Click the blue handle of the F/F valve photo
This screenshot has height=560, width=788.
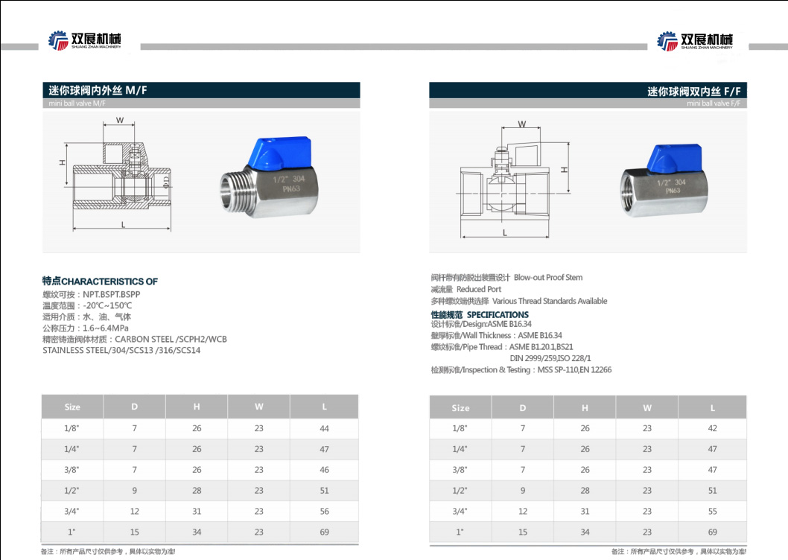671,155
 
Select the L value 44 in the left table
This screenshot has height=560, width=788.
324,428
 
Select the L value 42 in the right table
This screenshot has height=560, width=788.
712,428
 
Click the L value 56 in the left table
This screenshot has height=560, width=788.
324,512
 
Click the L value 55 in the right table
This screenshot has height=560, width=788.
712,512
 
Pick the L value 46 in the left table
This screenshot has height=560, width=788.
324,470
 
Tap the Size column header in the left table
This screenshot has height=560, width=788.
72,407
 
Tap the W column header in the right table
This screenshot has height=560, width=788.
647,407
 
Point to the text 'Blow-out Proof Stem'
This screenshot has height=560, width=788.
547,278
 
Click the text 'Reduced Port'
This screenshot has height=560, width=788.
479,289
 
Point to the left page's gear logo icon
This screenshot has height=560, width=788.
57,41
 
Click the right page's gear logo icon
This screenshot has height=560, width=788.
667,41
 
